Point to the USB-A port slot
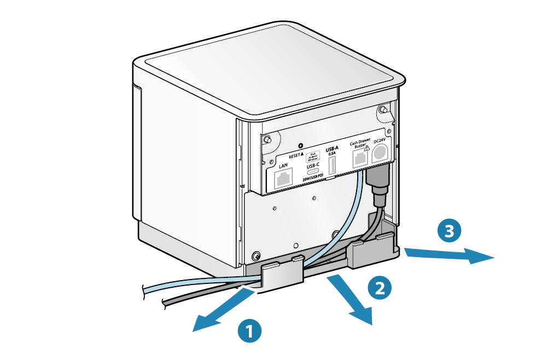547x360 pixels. coord(332,166)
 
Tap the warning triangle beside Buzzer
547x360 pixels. coord(368,147)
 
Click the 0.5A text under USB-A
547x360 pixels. coord(332,154)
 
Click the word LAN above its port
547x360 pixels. coord(283,166)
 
